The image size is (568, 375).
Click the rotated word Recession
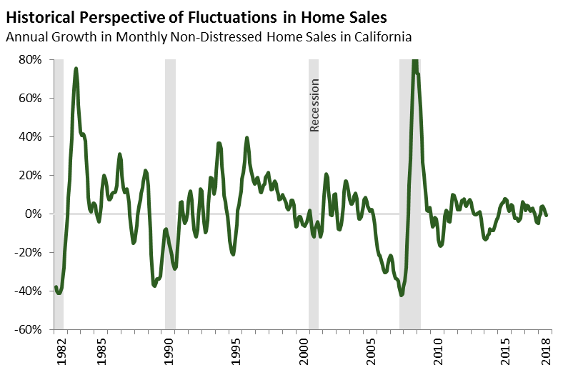click(314, 105)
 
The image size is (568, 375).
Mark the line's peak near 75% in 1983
click(76, 69)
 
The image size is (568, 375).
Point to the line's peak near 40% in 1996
click(246, 138)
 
